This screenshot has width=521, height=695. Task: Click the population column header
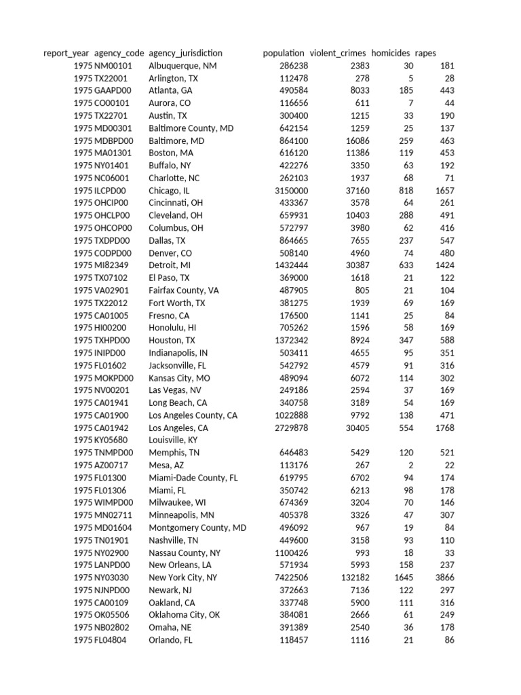point(283,53)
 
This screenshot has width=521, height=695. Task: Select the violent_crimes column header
point(338,53)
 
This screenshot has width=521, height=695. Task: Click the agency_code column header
point(119,53)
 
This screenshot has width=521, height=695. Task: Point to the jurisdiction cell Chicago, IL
point(169,191)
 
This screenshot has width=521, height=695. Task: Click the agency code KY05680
point(113,440)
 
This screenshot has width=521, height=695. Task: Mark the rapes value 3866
point(445,578)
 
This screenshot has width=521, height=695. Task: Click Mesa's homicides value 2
point(410,465)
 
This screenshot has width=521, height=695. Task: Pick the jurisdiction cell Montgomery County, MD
point(197,527)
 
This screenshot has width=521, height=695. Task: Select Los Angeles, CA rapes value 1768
point(445,428)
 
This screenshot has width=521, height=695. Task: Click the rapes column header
point(425,53)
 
